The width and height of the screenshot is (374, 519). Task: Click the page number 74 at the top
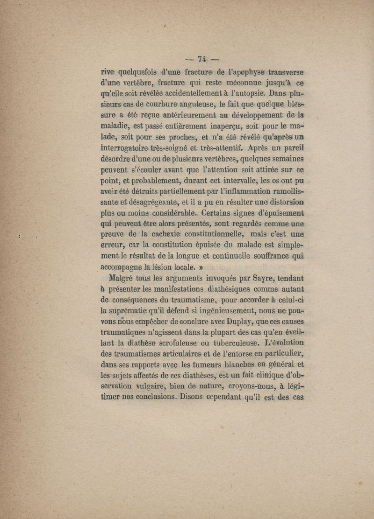click(x=202, y=59)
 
